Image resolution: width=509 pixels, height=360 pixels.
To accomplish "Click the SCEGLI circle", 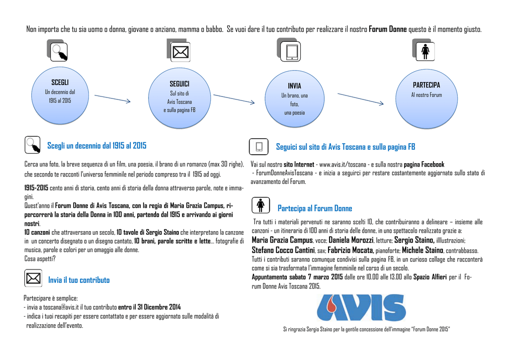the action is click(x=60, y=95).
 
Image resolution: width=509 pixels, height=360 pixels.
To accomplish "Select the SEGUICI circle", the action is click(x=179, y=98).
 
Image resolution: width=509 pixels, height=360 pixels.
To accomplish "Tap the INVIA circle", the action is click(x=294, y=98).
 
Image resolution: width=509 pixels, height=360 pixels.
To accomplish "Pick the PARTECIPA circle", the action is click(x=426, y=98).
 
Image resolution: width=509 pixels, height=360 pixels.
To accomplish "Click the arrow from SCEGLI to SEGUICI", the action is click(x=112, y=98).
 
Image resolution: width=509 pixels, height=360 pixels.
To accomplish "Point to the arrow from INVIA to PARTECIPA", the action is click(x=361, y=98).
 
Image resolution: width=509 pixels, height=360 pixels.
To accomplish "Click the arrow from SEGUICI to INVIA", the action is click(x=234, y=99).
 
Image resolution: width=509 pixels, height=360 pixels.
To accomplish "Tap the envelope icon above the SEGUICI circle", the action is click(x=178, y=50).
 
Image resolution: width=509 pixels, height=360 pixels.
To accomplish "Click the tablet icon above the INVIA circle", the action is click(x=289, y=50).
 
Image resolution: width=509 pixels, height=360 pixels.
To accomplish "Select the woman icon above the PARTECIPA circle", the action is click(x=424, y=50).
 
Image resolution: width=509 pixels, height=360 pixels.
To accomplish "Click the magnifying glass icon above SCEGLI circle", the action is click(x=57, y=50).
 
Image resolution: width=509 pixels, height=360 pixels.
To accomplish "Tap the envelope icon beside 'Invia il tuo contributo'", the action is click(x=33, y=278).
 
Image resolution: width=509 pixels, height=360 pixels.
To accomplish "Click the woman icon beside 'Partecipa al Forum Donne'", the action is click(x=260, y=205).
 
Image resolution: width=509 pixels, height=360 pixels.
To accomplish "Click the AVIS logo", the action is click(x=361, y=307).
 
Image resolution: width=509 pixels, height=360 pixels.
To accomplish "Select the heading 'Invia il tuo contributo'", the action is click(x=79, y=280).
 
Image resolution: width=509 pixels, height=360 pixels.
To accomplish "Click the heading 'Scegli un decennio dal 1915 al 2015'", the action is click(x=97, y=145).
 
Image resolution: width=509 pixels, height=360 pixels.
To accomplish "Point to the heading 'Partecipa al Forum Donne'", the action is click(x=315, y=208).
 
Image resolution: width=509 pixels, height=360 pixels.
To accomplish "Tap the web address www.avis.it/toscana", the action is click(x=342, y=165).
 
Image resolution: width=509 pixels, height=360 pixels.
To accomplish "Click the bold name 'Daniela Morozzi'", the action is click(x=351, y=240).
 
